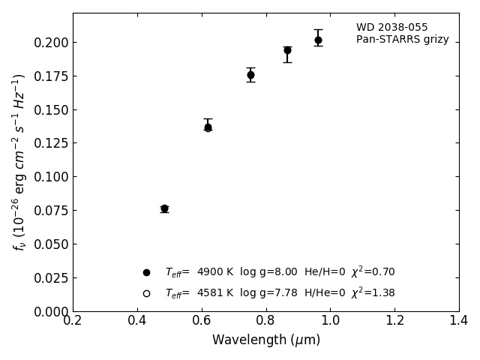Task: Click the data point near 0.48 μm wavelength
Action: [164, 208]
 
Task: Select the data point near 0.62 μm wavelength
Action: [208, 127]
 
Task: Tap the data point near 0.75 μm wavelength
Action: [250, 75]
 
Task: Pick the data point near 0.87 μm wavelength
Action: [287, 50]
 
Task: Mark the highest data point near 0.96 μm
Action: [318, 40]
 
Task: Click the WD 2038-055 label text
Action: [391, 28]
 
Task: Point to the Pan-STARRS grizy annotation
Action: [402, 40]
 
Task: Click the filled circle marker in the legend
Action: [146, 272]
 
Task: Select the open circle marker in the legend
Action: [146, 293]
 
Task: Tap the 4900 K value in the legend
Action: [215, 272]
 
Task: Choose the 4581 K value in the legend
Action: [215, 293]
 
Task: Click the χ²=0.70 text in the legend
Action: [373, 271]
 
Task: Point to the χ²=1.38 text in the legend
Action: [373, 292]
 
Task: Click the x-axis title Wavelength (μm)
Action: [265, 340]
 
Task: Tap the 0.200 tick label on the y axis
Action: [50, 43]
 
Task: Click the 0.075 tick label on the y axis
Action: [50, 211]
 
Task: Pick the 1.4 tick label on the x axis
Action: [458, 320]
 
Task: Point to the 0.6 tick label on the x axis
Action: [201, 320]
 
